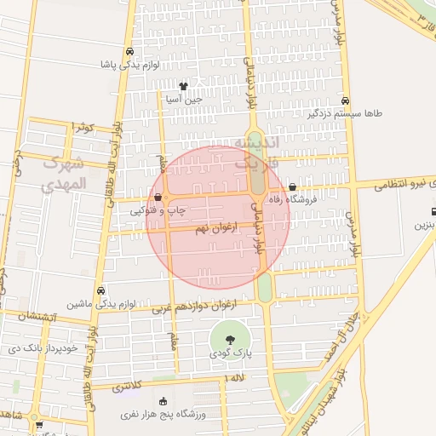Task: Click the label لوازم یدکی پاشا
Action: tap(131, 64)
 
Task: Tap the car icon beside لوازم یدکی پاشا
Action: tap(129, 51)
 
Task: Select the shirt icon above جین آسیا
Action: tap(183, 86)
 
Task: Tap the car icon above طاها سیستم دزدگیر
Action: tap(345, 100)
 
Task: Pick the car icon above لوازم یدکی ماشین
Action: tap(101, 290)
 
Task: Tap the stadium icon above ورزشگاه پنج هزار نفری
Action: tap(163, 401)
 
